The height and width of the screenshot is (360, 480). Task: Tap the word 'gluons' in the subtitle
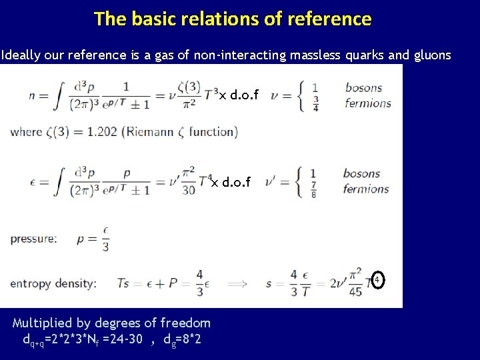[428, 55]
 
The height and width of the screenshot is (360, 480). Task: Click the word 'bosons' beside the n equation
[363, 88]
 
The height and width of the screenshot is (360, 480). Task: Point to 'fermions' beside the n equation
[368, 103]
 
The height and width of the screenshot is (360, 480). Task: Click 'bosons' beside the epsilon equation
[362, 173]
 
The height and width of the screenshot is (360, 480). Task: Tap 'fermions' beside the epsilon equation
[366, 189]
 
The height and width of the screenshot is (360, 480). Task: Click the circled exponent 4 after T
[377, 279]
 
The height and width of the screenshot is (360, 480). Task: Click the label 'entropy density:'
[53, 283]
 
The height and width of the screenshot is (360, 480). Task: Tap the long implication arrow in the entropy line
[237, 284]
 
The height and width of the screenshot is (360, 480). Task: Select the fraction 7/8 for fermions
[313, 189]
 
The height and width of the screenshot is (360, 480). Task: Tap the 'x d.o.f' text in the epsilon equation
[231, 182]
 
